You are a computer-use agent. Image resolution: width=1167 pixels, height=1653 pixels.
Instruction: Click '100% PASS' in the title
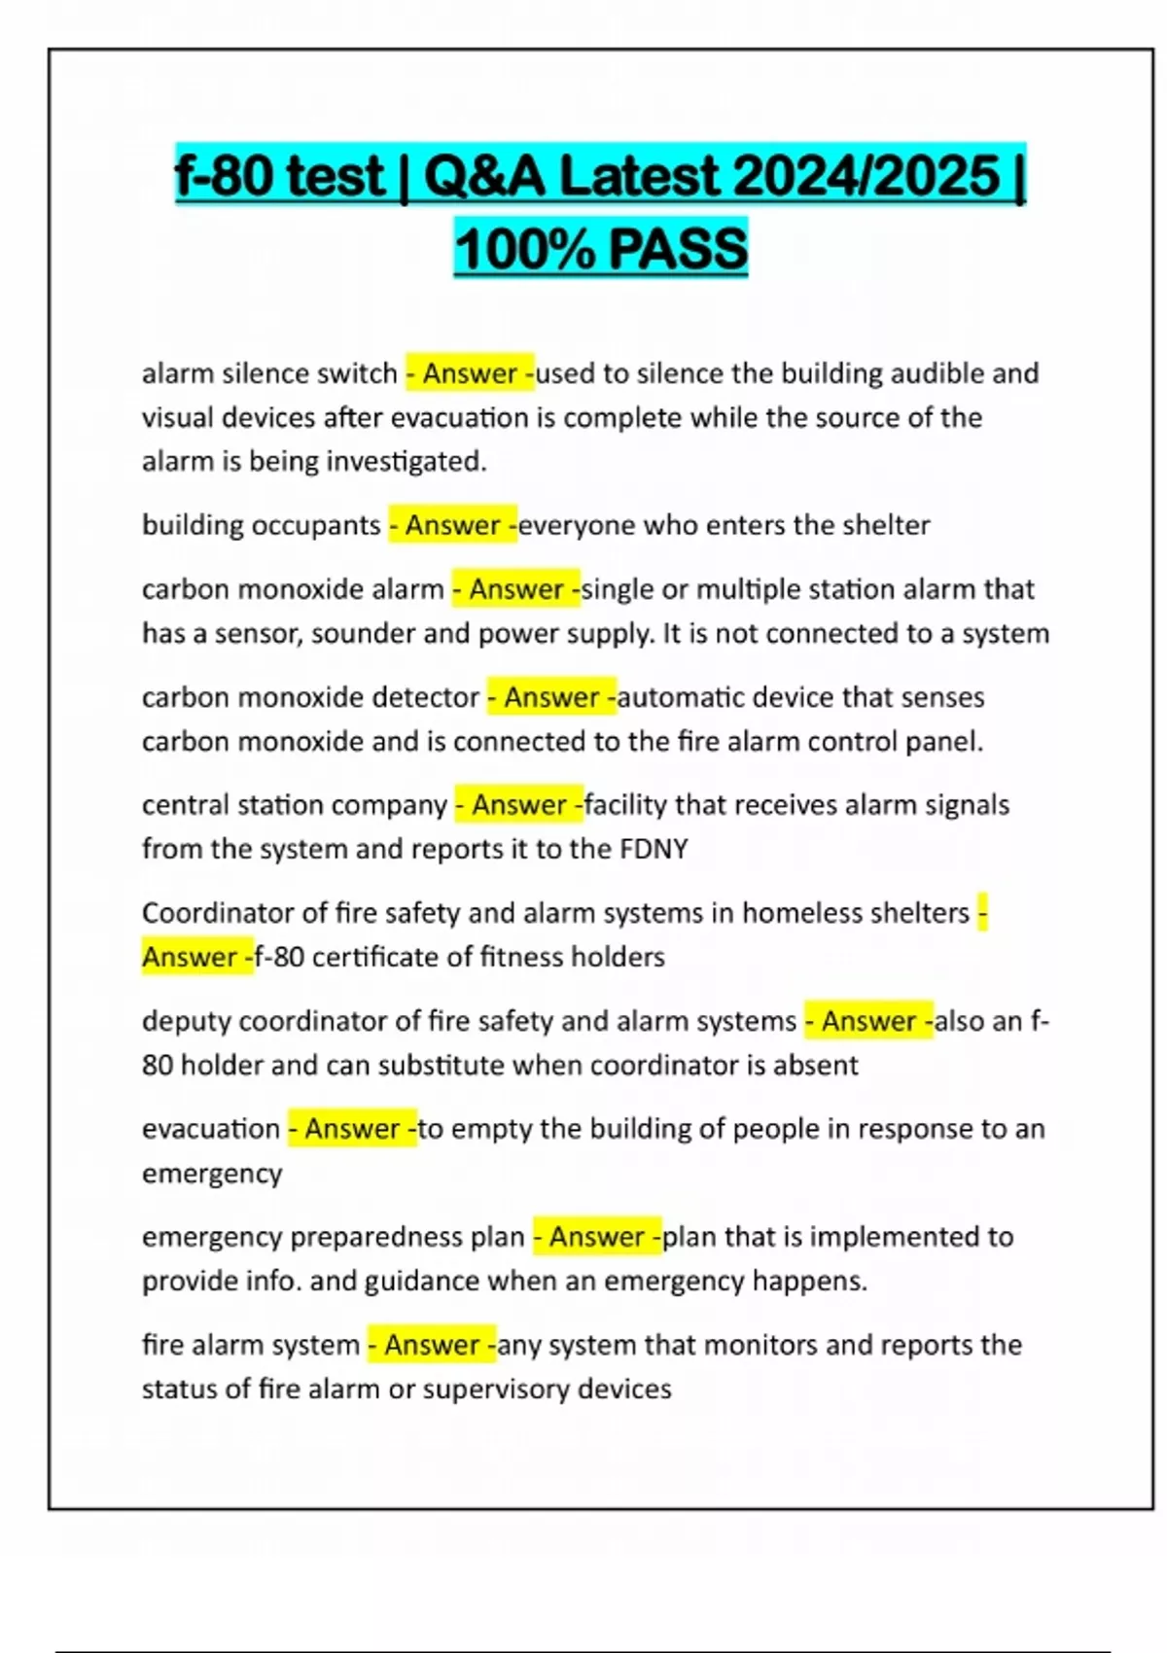tap(600, 248)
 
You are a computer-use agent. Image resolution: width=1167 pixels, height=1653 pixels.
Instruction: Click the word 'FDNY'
tap(654, 849)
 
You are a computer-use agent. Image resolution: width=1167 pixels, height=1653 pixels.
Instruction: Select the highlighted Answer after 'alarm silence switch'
tap(470, 373)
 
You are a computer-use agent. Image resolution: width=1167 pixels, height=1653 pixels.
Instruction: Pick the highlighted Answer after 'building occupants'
tap(452, 525)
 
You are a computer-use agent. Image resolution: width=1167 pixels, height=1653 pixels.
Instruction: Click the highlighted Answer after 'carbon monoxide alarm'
tap(516, 589)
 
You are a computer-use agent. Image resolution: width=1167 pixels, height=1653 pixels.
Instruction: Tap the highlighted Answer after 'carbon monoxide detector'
tap(551, 697)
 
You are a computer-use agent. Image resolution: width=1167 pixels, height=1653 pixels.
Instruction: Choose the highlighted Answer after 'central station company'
tap(519, 805)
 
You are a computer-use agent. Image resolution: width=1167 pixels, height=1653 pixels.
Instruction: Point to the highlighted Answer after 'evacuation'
tap(352, 1129)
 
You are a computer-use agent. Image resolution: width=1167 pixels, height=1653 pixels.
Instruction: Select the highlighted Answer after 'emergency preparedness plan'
tap(597, 1237)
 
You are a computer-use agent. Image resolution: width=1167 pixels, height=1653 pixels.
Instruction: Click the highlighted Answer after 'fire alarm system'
tap(432, 1345)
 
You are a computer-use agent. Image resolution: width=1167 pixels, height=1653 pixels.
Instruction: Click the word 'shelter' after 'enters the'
tap(885, 525)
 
